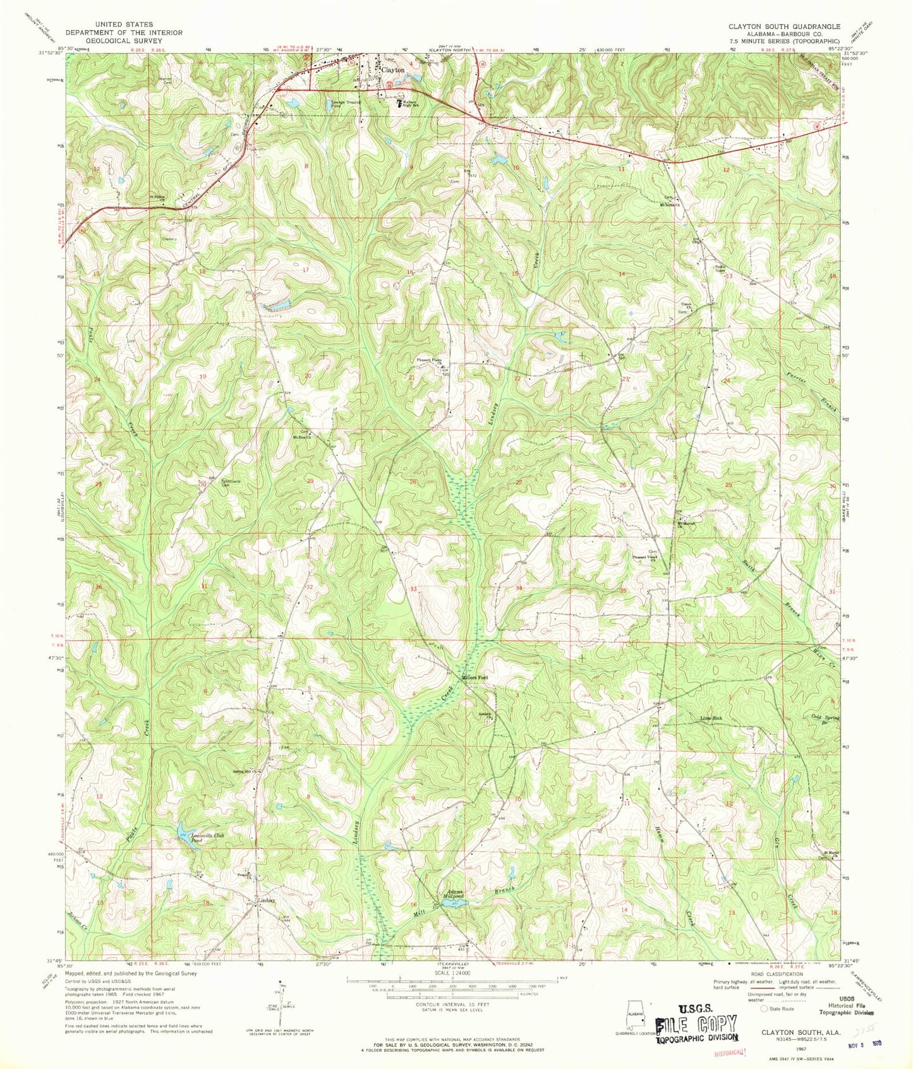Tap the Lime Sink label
pyautogui.click(x=711, y=718)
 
